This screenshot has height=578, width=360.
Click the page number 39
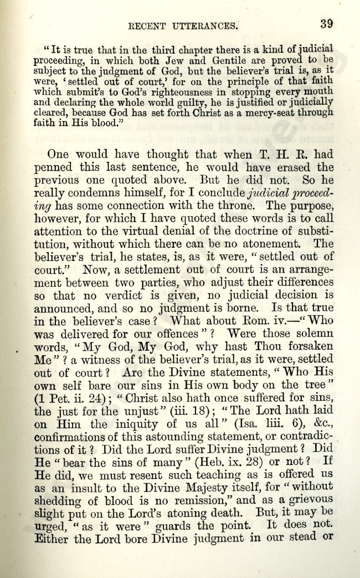pos(326,23)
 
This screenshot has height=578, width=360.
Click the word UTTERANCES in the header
pos(204,24)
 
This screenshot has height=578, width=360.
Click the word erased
pos(294,167)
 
